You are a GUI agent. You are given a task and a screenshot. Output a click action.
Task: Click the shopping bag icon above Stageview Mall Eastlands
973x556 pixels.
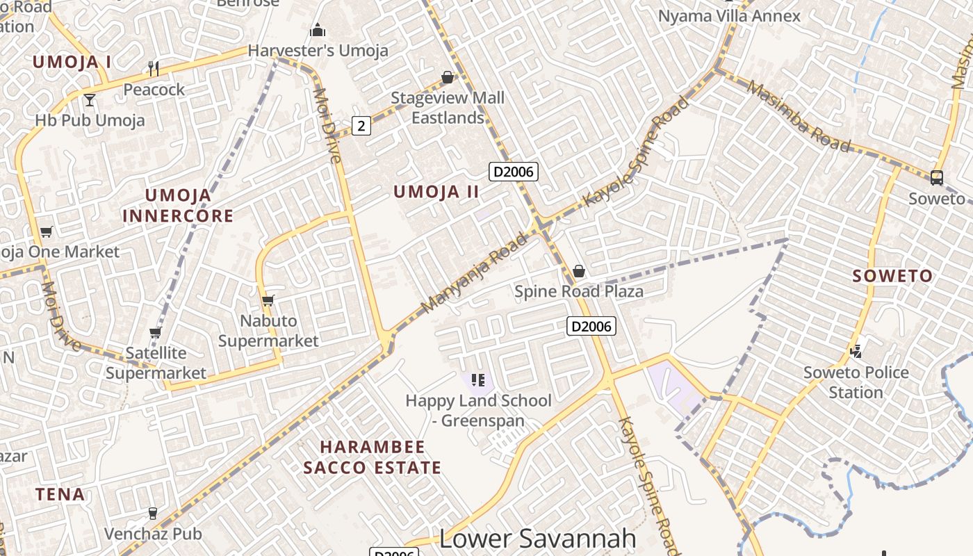[448, 77]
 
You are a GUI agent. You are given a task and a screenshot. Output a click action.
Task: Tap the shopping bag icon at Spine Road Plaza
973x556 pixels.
[578, 270]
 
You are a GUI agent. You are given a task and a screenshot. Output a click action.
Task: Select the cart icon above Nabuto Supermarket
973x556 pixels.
[268, 300]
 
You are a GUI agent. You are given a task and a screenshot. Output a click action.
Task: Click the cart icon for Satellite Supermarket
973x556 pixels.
[155, 332]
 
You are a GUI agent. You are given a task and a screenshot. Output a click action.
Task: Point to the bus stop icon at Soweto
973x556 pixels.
[937, 177]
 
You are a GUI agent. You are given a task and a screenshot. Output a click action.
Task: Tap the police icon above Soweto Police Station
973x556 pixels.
[856, 351]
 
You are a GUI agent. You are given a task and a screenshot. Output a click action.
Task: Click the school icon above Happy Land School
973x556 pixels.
[477, 379]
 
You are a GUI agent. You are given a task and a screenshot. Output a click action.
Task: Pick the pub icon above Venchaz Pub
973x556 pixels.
[153, 514]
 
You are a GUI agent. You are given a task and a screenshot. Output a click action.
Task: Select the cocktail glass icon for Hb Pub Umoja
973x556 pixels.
[90, 99]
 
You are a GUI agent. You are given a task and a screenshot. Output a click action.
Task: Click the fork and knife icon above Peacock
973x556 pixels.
[154, 68]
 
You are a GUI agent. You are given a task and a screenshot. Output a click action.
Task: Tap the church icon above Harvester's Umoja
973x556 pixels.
[318, 30]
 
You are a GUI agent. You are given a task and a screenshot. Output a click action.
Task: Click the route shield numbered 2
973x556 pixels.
[361, 126]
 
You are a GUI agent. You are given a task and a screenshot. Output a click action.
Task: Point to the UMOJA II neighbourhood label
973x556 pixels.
[436, 192]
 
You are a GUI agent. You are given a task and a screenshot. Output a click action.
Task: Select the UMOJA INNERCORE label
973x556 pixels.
[178, 205]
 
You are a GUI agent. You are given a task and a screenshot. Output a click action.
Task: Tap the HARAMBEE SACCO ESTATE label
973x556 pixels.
[373, 457]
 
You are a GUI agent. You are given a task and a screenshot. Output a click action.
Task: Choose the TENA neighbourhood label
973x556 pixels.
[60, 495]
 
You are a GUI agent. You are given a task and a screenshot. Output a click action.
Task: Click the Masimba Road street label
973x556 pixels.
[799, 115]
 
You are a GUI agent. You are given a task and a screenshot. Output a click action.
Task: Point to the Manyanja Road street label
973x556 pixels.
[475, 273]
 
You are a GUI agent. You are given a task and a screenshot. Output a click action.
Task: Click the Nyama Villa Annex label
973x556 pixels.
[729, 16]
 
